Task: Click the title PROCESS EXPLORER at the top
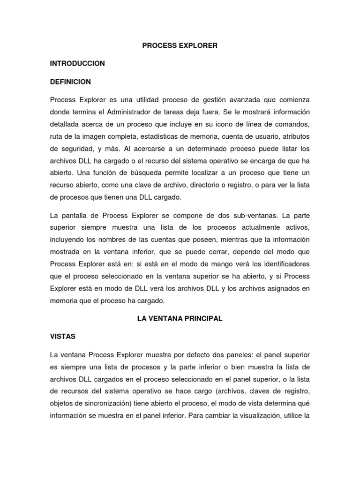[x=180, y=45]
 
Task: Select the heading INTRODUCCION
[x=77, y=63]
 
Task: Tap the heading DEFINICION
[x=70, y=82]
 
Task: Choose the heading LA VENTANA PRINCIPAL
[x=180, y=319]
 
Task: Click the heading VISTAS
[x=63, y=337]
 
